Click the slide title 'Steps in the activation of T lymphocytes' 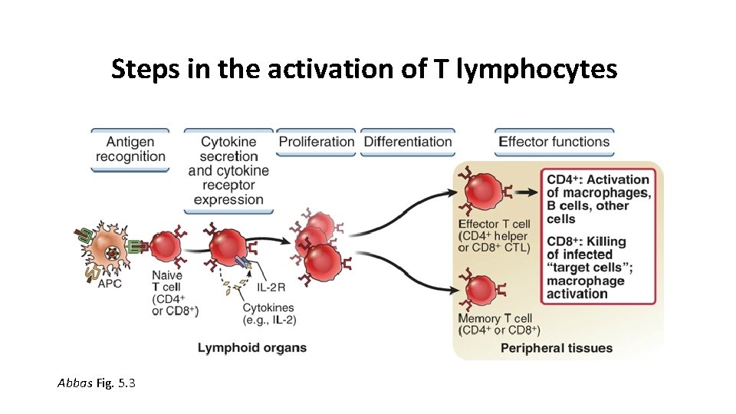pos(363,69)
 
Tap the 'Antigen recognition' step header pos(130,149)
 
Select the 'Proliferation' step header pos(316,142)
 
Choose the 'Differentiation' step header pos(408,142)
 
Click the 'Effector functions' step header pos(554,142)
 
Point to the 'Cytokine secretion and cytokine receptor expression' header pos(228,170)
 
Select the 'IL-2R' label pos(271,287)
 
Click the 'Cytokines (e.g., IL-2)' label pos(268,314)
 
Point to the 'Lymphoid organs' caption pos(252,347)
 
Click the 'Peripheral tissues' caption pos(557,348)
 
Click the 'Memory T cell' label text pos(495,318)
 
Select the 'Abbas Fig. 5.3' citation pos(97,383)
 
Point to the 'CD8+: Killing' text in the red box pos(586,241)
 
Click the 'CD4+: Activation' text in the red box pos(598,180)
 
